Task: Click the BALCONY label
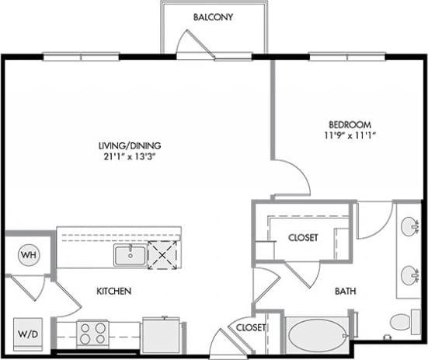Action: coord(213,18)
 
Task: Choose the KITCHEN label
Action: coord(113,291)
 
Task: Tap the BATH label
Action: coord(345,292)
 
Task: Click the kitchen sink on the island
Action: coord(130,254)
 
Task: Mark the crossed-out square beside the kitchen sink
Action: coord(162,254)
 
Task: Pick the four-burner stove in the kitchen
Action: coord(93,334)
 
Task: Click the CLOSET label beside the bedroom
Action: coord(302,238)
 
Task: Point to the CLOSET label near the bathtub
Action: coord(251,327)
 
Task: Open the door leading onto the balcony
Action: coord(195,44)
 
